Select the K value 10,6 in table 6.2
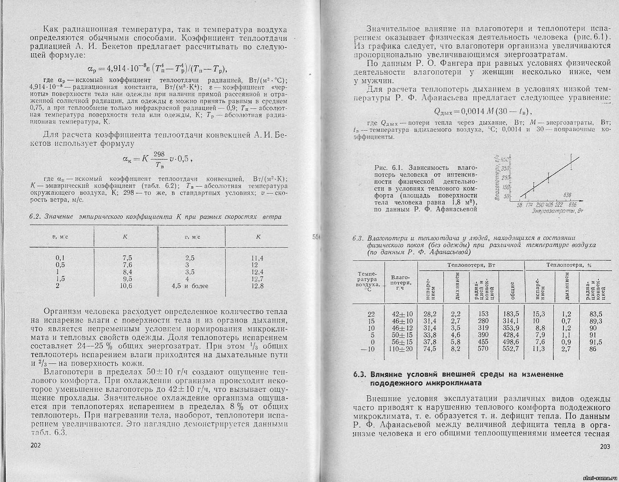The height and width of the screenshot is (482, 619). pyautogui.click(x=127, y=286)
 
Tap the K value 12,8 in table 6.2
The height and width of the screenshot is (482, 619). pyautogui.click(x=257, y=286)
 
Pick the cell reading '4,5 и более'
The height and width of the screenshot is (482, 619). pyautogui.click(x=190, y=286)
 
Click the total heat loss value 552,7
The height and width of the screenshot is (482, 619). pyautogui.click(x=511, y=349)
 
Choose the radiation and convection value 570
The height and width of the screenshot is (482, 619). pyautogui.click(x=483, y=349)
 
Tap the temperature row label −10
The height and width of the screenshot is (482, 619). pyautogui.click(x=369, y=349)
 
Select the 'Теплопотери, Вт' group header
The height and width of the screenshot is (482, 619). pyautogui.click(x=470, y=265)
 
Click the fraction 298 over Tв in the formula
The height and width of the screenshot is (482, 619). pyautogui.click(x=159, y=159)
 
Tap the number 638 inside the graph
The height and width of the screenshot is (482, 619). pyautogui.click(x=567, y=194)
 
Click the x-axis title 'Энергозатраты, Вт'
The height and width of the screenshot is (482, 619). pyautogui.click(x=558, y=211)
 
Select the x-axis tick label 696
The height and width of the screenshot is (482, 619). pyautogui.click(x=572, y=204)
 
